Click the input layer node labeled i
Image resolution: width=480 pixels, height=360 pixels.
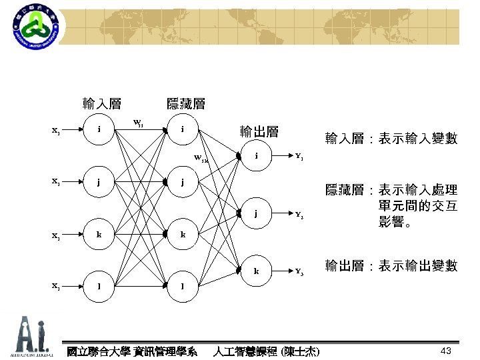(99, 129)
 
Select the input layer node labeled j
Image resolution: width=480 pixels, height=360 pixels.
(99, 181)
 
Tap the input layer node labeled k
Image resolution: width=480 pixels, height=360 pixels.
(99, 234)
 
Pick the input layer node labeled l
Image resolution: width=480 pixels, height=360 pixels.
(99, 286)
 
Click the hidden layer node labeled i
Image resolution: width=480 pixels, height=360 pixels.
(183, 129)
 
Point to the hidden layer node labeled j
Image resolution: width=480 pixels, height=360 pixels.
(183, 181)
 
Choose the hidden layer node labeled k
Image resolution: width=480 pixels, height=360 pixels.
(183, 234)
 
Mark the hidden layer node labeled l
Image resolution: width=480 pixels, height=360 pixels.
(183, 286)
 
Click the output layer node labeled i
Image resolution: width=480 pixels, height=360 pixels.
(257, 157)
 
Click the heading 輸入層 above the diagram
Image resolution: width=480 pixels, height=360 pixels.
(101, 103)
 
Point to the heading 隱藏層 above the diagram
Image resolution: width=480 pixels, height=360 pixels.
(185, 103)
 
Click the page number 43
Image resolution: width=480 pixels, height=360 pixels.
(447, 351)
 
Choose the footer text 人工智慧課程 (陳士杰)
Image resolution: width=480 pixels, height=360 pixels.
(265, 351)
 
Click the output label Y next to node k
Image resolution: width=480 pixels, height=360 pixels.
(299, 273)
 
